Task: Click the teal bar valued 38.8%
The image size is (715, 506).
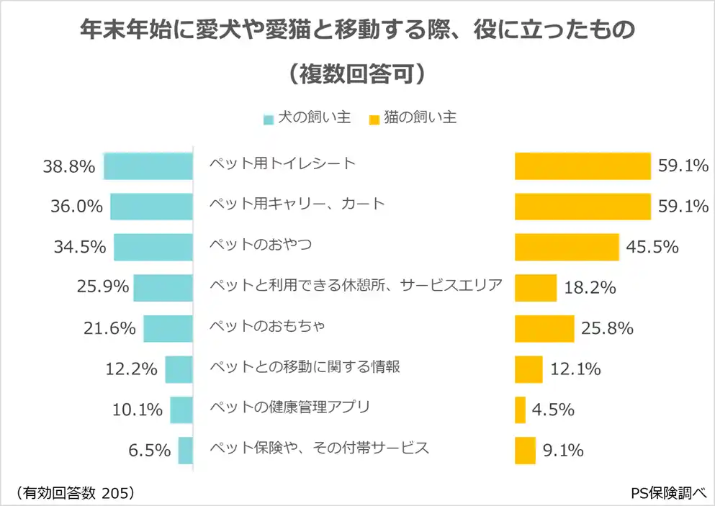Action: tap(148, 166)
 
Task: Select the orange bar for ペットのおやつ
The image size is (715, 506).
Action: tap(567, 247)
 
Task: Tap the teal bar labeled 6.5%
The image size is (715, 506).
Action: tap(186, 451)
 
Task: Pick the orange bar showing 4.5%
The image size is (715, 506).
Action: tap(520, 410)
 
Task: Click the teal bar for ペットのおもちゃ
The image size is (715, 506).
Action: tap(168, 328)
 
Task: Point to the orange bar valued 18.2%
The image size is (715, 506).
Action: tap(536, 288)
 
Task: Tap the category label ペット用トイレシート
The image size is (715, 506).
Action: tap(282, 163)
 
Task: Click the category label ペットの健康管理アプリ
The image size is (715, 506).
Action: tap(289, 407)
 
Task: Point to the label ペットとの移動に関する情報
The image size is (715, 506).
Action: tap(304, 367)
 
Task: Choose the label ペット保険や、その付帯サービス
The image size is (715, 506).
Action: tap(319, 448)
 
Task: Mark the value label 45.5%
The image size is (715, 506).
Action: tap(652, 247)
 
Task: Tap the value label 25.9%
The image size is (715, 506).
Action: tap(102, 288)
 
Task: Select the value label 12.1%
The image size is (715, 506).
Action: tap(575, 369)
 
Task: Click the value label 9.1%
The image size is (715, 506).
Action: tap(563, 451)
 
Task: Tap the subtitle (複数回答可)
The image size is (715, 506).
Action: tap(357, 74)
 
